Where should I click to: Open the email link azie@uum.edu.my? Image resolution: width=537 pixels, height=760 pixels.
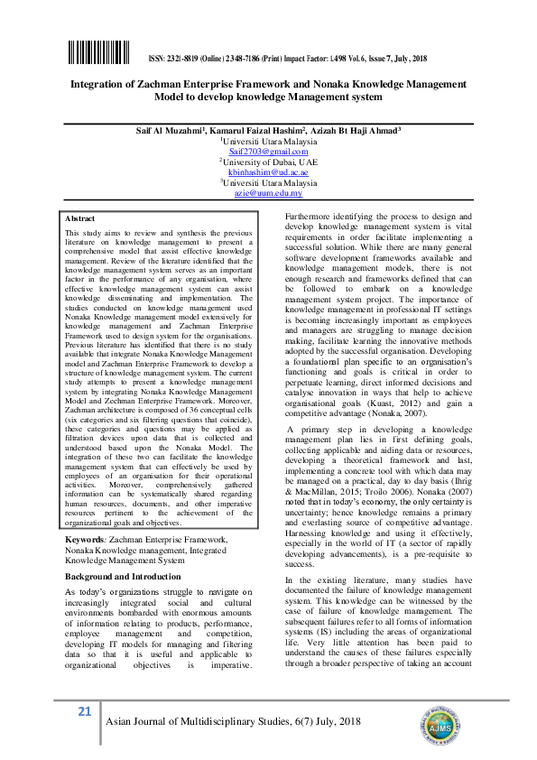pyautogui.click(x=268, y=192)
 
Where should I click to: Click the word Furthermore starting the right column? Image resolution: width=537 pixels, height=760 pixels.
pyautogui.click(x=309, y=218)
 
